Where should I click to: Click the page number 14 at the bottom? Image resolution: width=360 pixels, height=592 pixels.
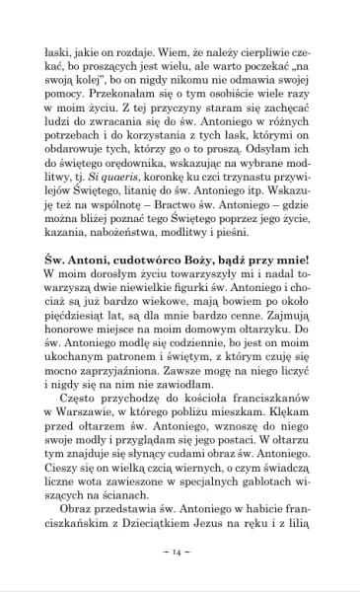(x=180, y=551)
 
